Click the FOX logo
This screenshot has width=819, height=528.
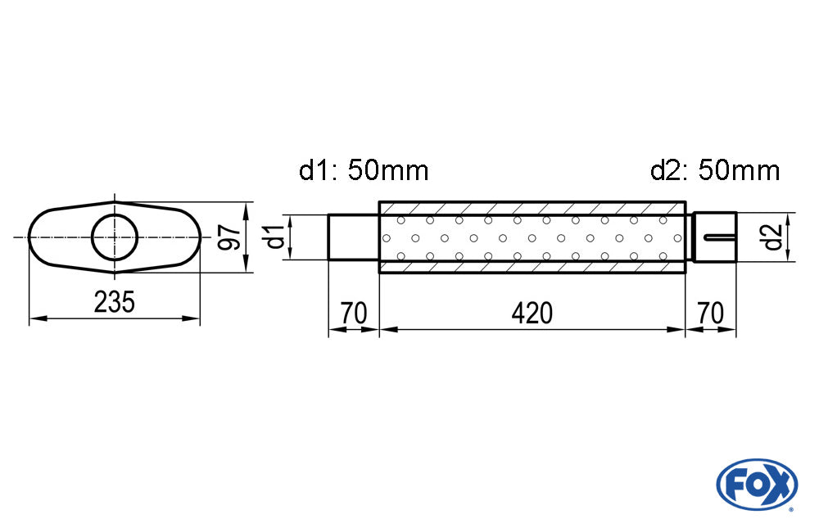point(757,484)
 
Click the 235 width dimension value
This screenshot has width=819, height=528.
point(115,302)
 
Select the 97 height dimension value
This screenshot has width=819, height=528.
point(229,237)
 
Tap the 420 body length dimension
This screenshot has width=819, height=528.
point(532,314)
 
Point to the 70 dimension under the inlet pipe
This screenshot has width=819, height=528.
point(354,314)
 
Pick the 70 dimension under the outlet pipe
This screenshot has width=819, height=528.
point(710,314)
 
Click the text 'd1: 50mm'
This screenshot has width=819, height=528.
point(364,170)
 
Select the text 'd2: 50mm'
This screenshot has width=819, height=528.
point(715,170)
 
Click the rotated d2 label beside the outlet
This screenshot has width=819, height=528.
point(772,237)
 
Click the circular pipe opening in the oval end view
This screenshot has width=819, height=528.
point(115,237)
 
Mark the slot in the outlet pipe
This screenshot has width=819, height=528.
point(720,237)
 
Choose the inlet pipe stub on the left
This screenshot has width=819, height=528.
point(354,237)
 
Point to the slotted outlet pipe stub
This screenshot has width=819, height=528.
point(714,237)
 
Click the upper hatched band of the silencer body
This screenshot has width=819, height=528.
point(532,208)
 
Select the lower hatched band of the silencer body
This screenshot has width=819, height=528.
point(532,266)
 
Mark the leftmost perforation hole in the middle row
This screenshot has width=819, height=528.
point(387,238)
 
